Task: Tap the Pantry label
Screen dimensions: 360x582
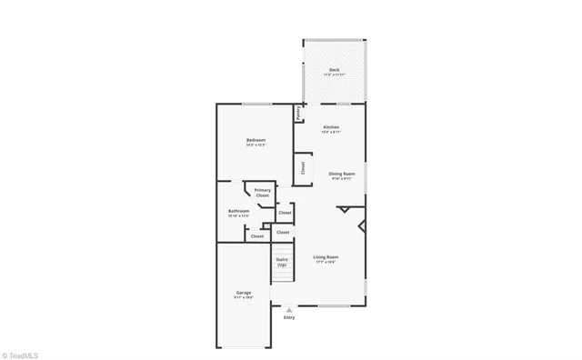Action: coord(297,113)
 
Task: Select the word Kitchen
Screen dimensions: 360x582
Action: coord(331,126)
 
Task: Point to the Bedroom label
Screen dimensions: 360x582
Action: coord(256,139)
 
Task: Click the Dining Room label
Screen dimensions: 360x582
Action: coord(341,173)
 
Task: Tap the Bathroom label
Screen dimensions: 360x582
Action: coord(238,210)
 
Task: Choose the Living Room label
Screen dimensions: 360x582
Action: coord(326,256)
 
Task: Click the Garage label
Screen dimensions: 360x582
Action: coord(244,292)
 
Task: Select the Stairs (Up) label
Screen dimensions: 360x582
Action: coord(282,262)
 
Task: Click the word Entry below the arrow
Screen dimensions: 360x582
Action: coord(289,317)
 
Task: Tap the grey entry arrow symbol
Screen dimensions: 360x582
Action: coord(289,309)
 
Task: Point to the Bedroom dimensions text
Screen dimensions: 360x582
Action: coord(256,145)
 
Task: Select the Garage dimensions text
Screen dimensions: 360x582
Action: coord(244,297)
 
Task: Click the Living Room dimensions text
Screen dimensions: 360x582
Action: coord(326,262)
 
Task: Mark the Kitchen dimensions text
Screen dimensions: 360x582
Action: coord(331,132)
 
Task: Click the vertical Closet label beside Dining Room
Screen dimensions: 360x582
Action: coord(303,167)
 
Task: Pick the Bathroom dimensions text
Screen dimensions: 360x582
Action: coord(238,215)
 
